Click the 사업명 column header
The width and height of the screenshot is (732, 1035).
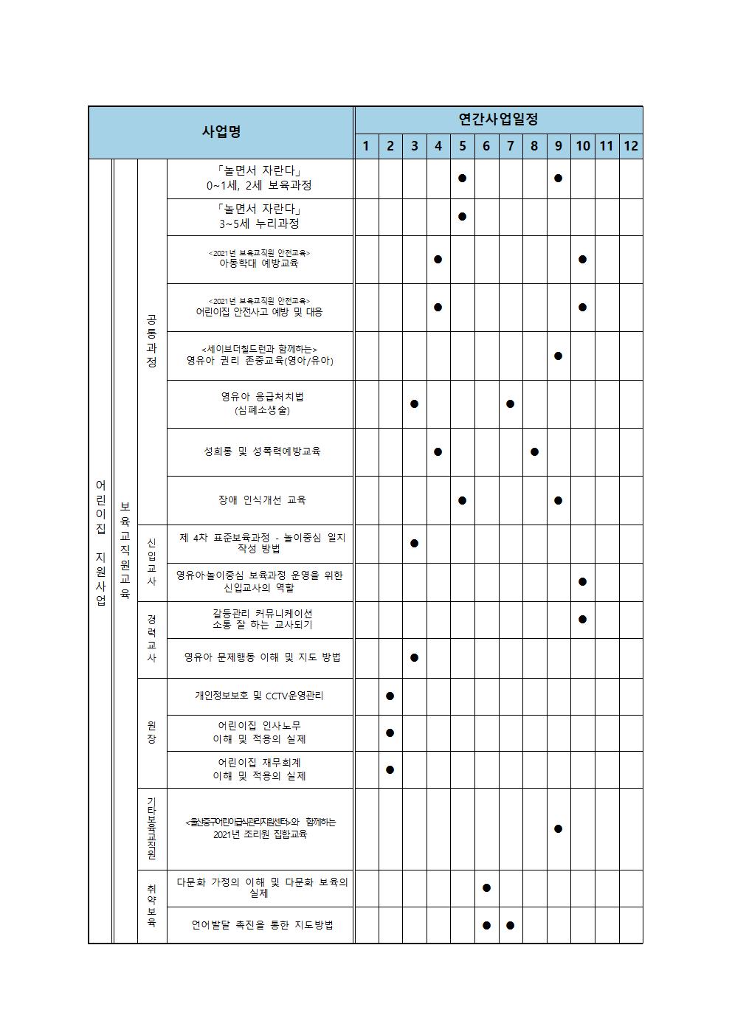point(221,132)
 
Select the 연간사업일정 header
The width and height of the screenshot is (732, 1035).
point(498,119)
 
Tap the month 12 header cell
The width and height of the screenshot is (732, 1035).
point(630,145)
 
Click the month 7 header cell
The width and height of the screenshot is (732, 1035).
point(510,145)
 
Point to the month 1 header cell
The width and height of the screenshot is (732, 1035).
point(366,145)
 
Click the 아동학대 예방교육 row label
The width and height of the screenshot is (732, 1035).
point(259,263)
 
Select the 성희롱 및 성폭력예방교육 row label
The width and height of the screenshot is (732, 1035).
point(262,451)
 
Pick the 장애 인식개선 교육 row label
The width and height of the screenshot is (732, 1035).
point(262,499)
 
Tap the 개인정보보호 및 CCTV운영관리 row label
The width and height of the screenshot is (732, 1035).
point(259,696)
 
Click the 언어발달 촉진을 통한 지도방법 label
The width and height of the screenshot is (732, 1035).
point(262,924)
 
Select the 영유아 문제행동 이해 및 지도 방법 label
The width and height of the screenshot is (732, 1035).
point(262,657)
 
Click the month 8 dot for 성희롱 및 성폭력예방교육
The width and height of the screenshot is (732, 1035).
point(534,451)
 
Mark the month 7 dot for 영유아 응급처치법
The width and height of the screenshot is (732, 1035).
point(510,404)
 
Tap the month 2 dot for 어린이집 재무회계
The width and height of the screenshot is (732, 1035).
point(390,769)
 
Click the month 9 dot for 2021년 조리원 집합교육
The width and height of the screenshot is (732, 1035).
point(558,828)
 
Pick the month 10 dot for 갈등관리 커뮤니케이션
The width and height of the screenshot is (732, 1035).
point(582,619)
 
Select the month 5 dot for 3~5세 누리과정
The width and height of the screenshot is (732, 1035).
point(462,216)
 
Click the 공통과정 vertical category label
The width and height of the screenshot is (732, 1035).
point(151,341)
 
